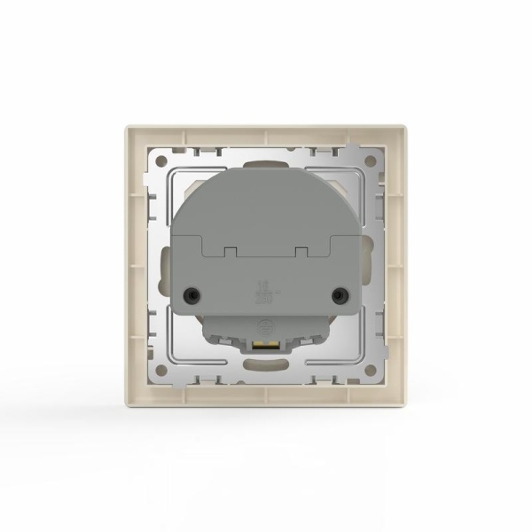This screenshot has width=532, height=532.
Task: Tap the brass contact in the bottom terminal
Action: tap(263, 348)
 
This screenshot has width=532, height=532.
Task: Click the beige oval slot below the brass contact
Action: tap(265, 370)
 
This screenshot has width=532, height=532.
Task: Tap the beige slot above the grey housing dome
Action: tap(265, 162)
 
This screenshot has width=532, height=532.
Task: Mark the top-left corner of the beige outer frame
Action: tap(125, 127)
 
